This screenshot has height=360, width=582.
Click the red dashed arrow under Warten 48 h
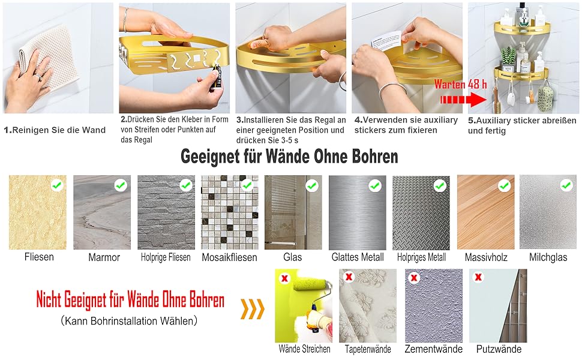point(463,100)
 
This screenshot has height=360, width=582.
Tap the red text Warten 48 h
point(460,84)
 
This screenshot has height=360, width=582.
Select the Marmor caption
point(104,257)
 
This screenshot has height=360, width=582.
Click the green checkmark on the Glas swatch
point(312,185)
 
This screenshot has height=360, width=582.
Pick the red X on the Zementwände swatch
point(414,277)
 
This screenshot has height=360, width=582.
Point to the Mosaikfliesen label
point(229,257)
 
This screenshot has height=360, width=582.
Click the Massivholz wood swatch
point(485,212)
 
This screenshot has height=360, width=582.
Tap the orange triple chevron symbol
point(253,309)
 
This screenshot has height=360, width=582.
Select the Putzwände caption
point(499,349)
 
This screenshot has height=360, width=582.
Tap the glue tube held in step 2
point(216,78)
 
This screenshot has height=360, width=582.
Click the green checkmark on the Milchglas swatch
point(566,185)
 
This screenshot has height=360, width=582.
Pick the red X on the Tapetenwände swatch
point(349,277)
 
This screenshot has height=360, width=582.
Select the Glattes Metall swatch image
point(358,212)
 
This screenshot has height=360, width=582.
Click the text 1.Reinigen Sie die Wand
point(55,130)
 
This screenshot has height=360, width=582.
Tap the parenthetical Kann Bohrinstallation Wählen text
point(129,320)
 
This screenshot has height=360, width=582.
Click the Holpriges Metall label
point(421,257)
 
